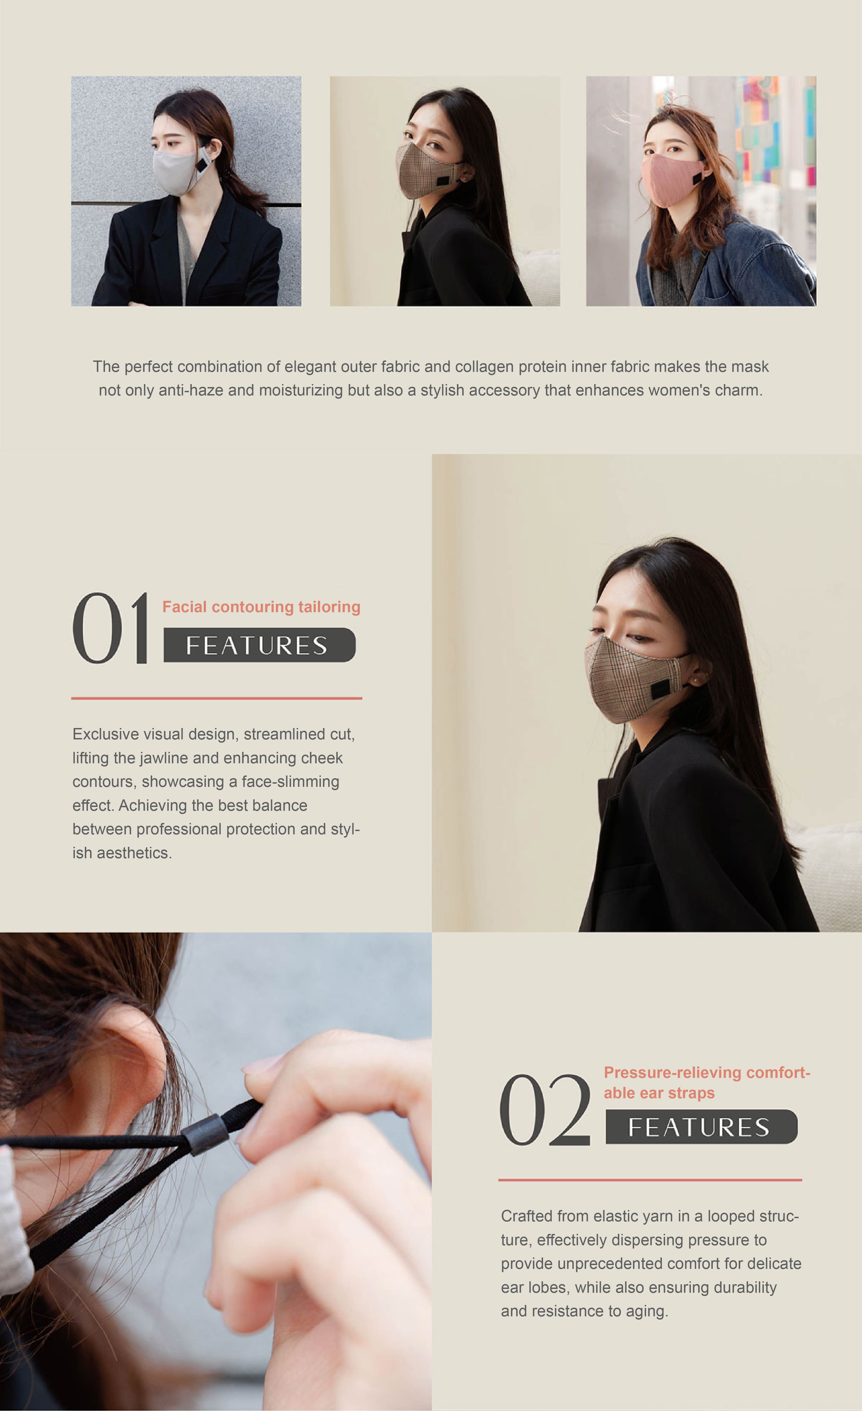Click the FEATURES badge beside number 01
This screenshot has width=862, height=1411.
(x=260, y=645)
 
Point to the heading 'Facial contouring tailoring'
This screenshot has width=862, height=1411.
(x=261, y=607)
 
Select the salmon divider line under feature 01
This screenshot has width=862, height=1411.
(x=216, y=698)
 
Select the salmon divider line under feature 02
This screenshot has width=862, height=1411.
(x=650, y=1180)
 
